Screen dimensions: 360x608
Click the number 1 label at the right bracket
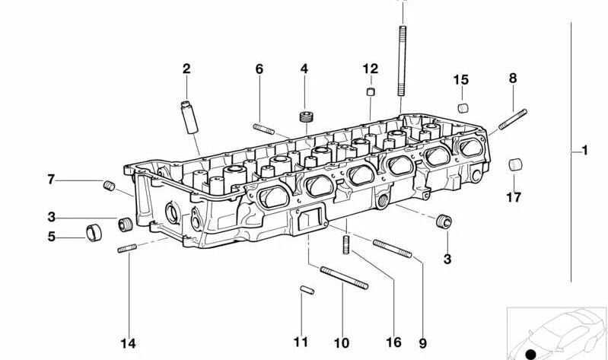[584, 151]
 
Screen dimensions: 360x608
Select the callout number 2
[186, 69]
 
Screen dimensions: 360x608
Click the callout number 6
[259, 69]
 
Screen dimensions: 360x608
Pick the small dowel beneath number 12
[370, 93]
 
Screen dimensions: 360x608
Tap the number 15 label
[461, 80]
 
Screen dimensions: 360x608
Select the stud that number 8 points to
[513, 120]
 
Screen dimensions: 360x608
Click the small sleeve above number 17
[514, 164]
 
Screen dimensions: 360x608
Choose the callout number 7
[51, 180]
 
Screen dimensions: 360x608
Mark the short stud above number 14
[126, 249]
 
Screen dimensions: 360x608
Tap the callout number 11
[301, 342]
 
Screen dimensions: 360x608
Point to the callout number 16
[393, 342]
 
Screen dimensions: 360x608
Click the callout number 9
[422, 342]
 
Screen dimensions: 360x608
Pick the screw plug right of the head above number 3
[444, 222]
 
